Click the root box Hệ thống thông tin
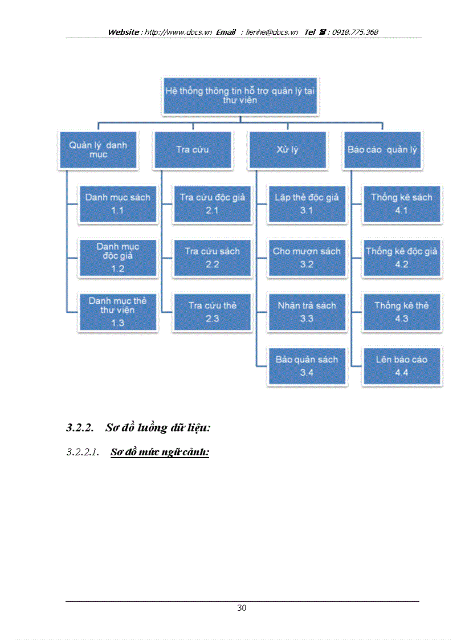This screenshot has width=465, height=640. [240, 96]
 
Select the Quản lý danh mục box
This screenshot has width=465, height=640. [98, 150]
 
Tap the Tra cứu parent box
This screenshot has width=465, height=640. [192, 150]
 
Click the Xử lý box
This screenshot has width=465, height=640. [287, 150]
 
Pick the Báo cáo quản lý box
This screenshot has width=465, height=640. [382, 150]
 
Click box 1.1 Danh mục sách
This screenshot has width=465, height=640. [118, 203]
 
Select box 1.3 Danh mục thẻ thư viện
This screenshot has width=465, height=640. [118, 312]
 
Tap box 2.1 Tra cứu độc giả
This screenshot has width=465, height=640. [212, 203]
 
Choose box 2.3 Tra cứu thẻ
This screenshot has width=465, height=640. [212, 312]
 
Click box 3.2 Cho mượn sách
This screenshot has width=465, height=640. [307, 258]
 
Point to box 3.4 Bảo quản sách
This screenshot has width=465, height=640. [307, 366]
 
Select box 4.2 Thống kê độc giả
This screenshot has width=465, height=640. [401, 258]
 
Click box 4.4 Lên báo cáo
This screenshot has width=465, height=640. [401, 366]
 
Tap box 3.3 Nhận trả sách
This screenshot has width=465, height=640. [307, 312]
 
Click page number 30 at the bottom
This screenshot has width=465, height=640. [242, 608]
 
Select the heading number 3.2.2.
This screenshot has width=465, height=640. [80, 427]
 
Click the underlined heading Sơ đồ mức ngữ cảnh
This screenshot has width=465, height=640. [160, 453]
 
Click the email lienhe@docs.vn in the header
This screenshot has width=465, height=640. [272, 32]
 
